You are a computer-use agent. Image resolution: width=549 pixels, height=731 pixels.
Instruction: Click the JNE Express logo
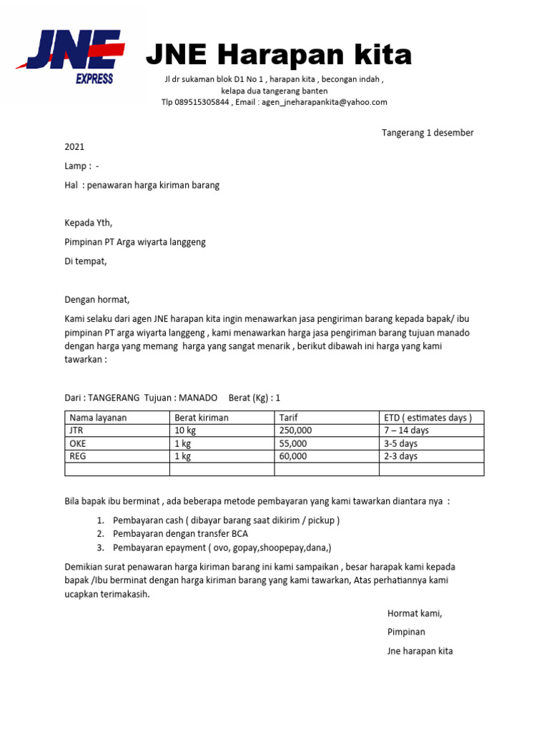pyautogui.click(x=71, y=56)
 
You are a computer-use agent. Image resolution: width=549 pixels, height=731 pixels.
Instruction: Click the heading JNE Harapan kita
pyautogui.click(x=279, y=54)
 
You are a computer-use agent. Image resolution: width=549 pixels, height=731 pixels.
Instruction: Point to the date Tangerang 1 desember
pyautogui.click(x=427, y=133)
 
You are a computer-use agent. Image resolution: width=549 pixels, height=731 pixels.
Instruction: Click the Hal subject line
pyautogui.click(x=142, y=185)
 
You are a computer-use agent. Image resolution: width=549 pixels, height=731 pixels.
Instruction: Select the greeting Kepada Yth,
pyautogui.click(x=89, y=223)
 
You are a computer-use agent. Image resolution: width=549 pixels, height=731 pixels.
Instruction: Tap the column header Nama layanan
pyautogui.click(x=97, y=418)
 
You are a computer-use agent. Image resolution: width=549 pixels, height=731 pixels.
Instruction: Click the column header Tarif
pyautogui.click(x=288, y=418)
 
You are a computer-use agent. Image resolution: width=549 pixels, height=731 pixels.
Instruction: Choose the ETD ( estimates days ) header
pyautogui.click(x=427, y=418)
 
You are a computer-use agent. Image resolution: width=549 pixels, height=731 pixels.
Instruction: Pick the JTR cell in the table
pyautogui.click(x=76, y=430)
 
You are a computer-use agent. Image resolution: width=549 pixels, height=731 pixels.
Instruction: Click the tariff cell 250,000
pyautogui.click(x=295, y=430)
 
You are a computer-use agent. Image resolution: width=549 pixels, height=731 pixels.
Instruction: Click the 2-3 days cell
pyautogui.click(x=400, y=456)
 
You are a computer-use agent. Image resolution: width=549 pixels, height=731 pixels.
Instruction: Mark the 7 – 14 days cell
pyautogui.click(x=406, y=430)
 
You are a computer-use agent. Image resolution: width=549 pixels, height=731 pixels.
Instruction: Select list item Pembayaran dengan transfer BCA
pyautogui.click(x=181, y=534)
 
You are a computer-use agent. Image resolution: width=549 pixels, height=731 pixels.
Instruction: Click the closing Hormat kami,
pyautogui.click(x=415, y=613)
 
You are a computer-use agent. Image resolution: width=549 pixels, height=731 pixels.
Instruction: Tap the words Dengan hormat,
pyautogui.click(x=97, y=300)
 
